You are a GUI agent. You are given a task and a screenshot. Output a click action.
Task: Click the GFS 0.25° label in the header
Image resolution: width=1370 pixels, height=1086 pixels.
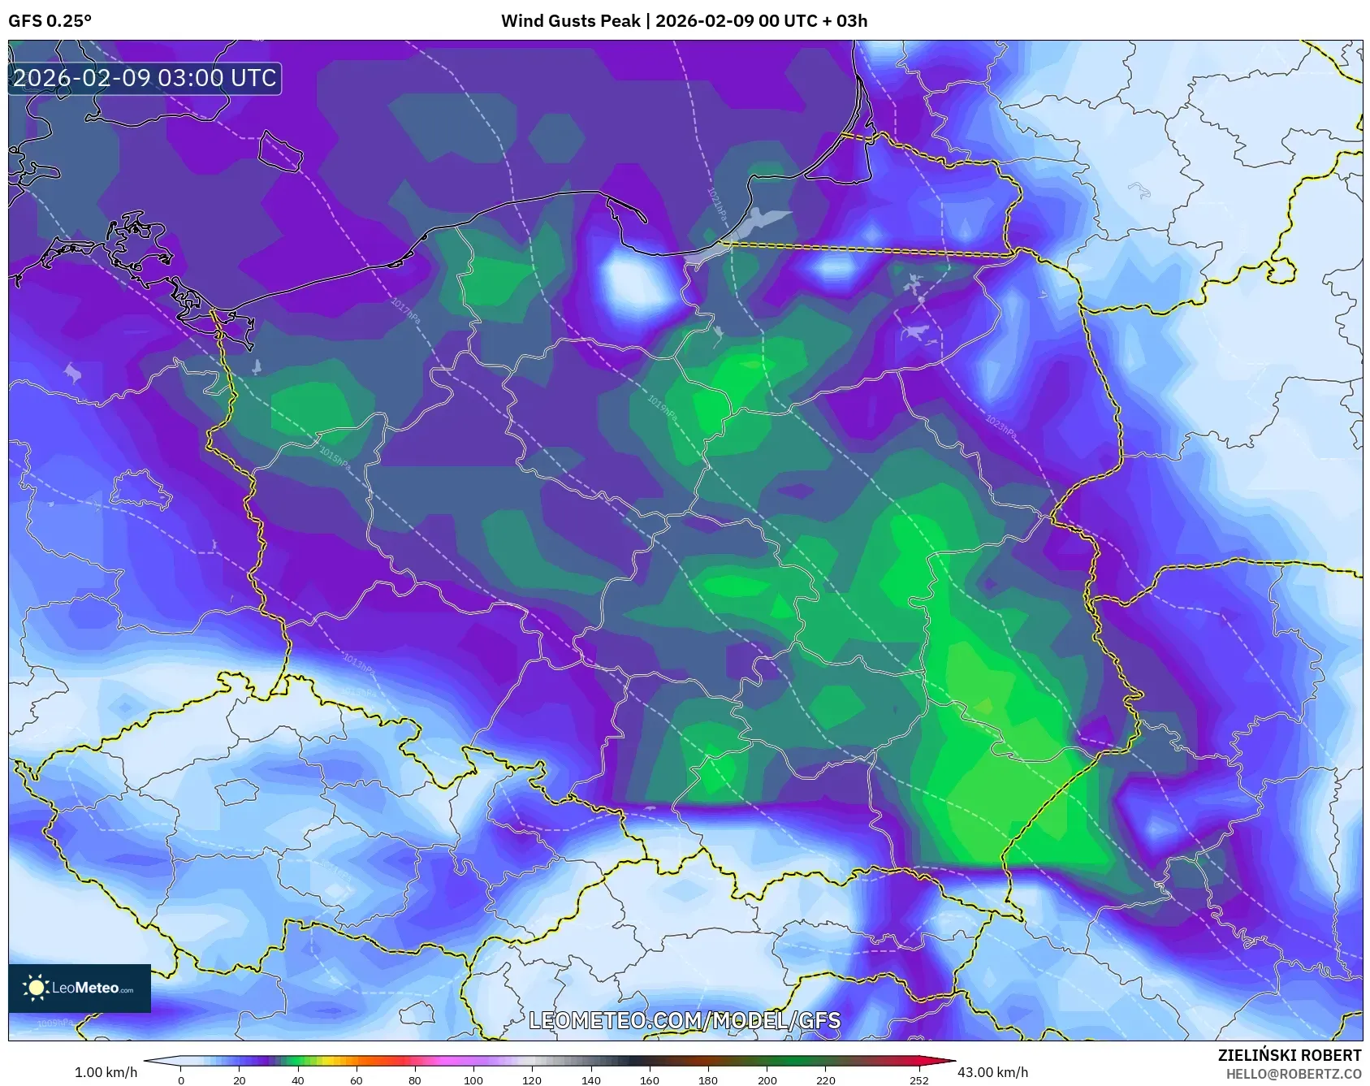click(50, 21)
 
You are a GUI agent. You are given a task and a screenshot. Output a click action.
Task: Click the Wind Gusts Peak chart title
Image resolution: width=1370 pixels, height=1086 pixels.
click(684, 21)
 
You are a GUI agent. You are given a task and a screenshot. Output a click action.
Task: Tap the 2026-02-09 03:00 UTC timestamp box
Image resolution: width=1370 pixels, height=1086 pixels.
click(145, 78)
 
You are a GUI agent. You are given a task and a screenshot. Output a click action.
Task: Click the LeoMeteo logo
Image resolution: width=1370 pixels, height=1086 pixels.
click(79, 988)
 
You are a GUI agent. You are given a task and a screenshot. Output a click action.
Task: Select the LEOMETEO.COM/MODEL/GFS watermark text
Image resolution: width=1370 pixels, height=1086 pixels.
click(685, 1020)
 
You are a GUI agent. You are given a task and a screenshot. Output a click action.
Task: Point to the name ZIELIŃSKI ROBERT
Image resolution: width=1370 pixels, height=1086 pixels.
click(1289, 1055)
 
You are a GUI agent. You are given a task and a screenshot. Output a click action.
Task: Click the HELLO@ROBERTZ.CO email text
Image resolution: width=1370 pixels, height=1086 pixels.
click(1293, 1074)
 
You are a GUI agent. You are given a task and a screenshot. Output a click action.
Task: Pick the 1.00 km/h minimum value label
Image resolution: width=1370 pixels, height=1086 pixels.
click(106, 1072)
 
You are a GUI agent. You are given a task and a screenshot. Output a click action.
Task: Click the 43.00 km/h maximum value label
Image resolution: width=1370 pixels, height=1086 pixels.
click(992, 1072)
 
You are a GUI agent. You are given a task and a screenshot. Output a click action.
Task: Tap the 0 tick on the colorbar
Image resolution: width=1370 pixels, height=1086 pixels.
click(180, 1080)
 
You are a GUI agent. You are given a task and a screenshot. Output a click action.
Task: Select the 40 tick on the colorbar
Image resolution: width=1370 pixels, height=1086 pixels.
click(297, 1080)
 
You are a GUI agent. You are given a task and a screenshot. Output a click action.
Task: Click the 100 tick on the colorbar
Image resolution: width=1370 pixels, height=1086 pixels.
click(473, 1080)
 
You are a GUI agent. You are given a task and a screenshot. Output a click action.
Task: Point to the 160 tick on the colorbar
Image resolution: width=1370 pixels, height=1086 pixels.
click(649, 1080)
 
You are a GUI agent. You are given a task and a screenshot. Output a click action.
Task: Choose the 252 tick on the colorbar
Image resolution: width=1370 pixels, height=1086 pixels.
click(918, 1080)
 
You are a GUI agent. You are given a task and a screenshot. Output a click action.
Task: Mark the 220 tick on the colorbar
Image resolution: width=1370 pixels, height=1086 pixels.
click(825, 1080)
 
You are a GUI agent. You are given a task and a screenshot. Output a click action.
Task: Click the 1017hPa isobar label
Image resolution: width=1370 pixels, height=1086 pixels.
click(405, 311)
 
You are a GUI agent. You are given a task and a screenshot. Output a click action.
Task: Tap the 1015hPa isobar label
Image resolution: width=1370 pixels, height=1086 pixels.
click(335, 458)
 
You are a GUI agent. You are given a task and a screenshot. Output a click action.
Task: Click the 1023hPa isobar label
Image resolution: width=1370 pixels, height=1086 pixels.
click(1000, 426)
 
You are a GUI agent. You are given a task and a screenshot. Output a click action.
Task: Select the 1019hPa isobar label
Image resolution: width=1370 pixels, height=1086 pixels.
click(662, 407)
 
